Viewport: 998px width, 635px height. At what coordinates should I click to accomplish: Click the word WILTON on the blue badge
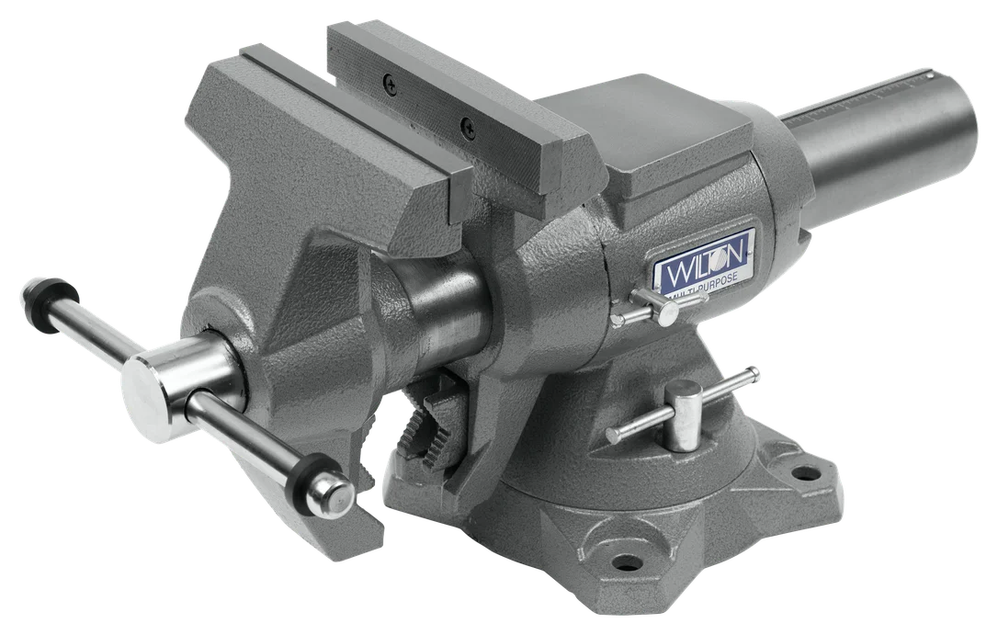tap(705, 257)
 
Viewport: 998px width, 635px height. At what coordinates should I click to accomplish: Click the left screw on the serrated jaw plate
tap(391, 84)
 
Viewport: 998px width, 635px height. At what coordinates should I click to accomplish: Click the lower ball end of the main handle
tap(329, 493)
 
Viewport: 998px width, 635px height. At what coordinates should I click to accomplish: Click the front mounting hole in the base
tap(625, 562)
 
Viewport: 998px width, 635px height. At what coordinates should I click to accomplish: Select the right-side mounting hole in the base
tap(806, 472)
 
